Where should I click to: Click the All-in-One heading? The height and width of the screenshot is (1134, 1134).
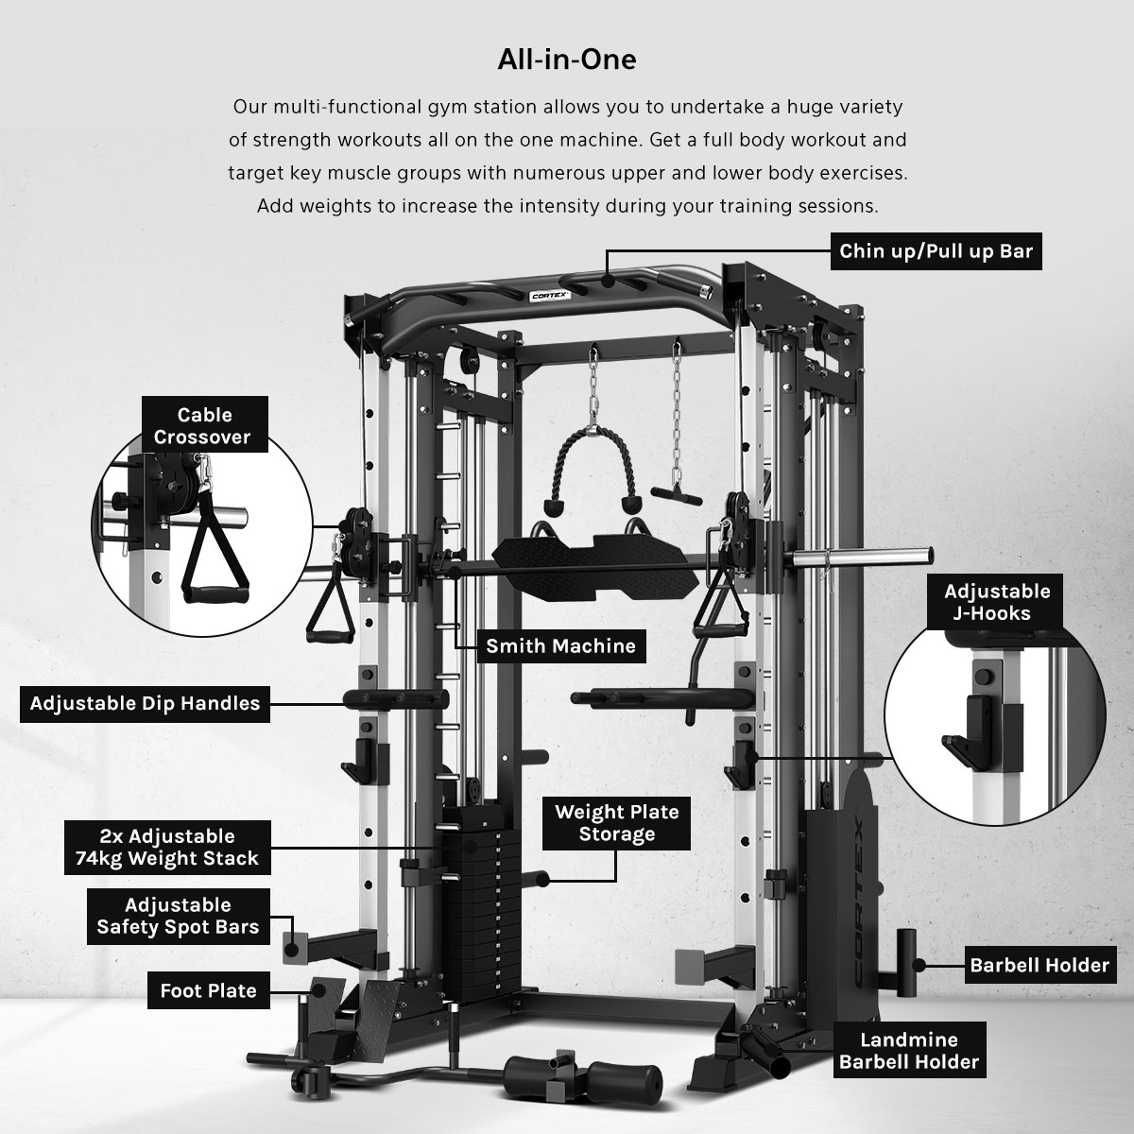567,60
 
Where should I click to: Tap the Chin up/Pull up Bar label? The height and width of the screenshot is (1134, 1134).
936,251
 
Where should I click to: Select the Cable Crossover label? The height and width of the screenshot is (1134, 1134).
204,425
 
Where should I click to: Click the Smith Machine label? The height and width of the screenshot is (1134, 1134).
560,646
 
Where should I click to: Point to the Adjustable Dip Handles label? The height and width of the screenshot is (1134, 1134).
145,703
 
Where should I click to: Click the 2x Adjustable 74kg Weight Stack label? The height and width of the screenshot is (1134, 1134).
167,848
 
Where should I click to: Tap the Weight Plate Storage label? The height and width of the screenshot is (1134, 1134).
616,823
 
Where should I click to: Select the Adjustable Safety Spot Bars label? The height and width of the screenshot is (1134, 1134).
178,917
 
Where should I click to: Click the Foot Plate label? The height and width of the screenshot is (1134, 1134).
208,990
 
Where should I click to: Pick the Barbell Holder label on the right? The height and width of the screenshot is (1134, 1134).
1039,965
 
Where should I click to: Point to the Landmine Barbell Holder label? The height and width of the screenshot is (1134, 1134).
909,1051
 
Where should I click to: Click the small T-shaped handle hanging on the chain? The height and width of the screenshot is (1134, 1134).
677,495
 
